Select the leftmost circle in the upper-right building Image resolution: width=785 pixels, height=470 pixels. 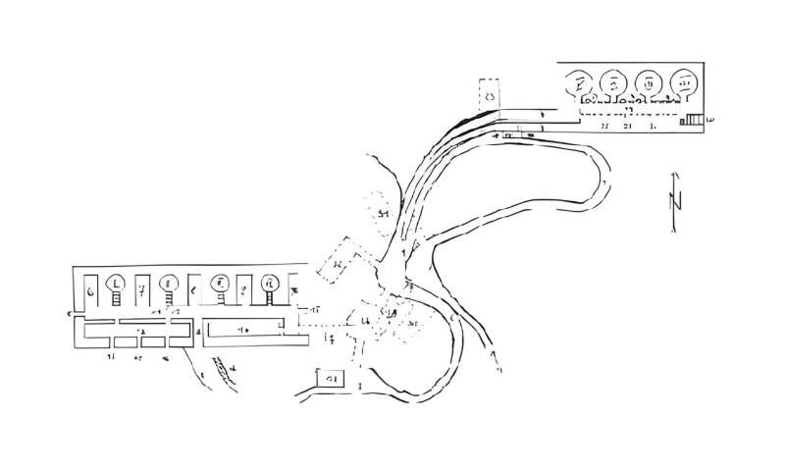583,83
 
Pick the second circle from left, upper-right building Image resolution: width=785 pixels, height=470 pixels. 614,83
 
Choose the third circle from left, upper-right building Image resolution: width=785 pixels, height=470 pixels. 649,84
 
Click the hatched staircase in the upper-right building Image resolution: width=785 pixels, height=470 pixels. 694,120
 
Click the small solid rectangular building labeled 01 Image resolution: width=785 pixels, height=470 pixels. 329,379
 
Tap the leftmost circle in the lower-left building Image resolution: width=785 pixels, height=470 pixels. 117,283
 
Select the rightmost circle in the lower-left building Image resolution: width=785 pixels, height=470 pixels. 269,285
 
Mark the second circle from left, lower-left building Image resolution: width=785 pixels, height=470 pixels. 168,284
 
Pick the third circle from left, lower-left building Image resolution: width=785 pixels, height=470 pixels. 221,284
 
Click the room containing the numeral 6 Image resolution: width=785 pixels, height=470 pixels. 90,291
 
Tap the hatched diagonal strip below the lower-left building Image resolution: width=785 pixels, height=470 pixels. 225,370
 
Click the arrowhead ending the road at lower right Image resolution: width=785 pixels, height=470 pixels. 498,370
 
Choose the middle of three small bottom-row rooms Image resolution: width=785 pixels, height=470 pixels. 152,341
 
